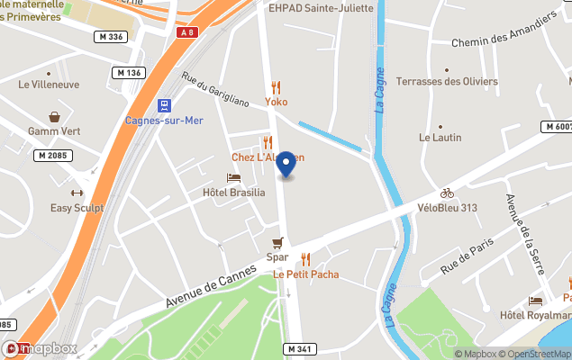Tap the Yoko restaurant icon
coord(276,87)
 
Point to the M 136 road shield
coord(130,72)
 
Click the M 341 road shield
coord(301,348)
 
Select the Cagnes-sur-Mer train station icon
coord(164,105)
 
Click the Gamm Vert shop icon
coord(54,117)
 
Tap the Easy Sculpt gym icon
coord(77,193)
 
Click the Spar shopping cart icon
coord(277,242)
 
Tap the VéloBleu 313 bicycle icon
coord(447,193)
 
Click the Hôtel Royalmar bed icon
coord(536,301)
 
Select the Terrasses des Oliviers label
coord(447,82)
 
